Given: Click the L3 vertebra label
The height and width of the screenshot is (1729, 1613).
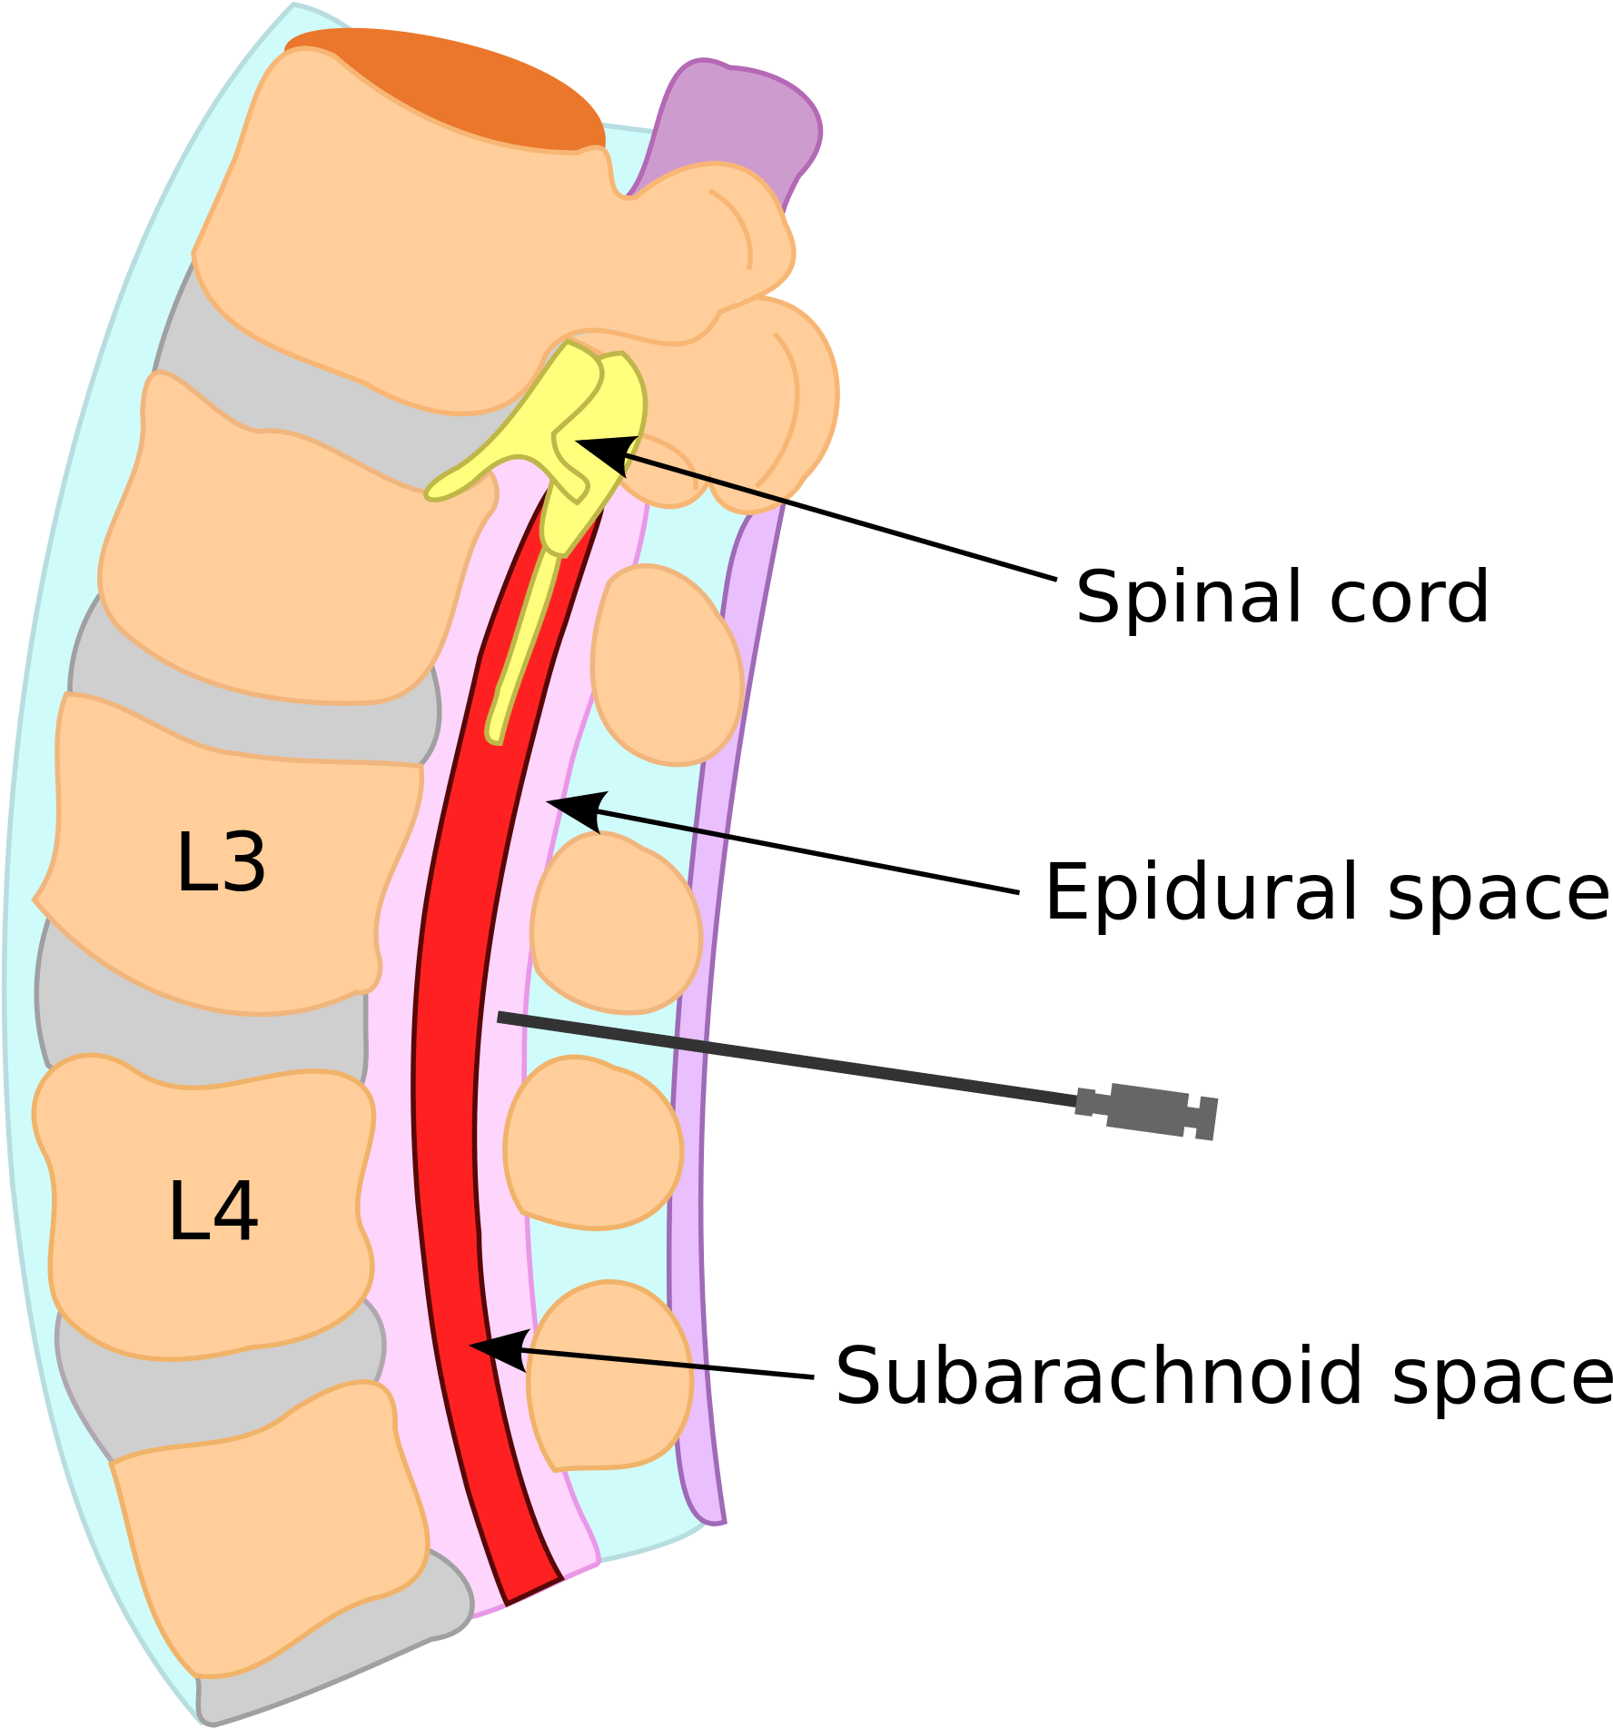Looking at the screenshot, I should coord(221,862).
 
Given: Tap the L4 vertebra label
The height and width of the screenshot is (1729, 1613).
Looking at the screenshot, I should coord(213,1211).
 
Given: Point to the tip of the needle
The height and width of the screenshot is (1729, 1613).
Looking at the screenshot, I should coord(500,1017).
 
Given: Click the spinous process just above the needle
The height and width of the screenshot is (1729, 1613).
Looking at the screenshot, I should coord(616,922).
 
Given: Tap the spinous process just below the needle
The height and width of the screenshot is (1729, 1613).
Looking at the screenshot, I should coord(592,1140).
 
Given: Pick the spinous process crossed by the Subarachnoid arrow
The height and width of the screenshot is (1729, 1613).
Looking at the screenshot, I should coord(610,1372).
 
